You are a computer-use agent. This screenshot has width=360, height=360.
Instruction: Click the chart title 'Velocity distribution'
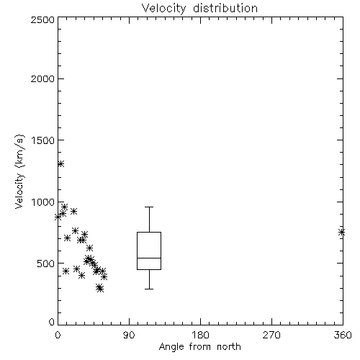coord(199,9)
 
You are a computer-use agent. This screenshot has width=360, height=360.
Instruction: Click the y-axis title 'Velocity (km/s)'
coord(19,171)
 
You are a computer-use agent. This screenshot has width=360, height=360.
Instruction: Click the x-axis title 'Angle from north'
coord(199,347)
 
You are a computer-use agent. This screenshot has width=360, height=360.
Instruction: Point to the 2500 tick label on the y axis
coord(42,19)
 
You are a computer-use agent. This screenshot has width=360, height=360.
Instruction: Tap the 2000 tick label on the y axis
coord(42,78)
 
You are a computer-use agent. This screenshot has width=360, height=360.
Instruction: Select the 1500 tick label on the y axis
coord(42,140)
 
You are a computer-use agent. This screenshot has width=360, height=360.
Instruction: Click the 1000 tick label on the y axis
coord(42,202)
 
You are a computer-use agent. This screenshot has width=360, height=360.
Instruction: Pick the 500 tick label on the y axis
coord(46,264)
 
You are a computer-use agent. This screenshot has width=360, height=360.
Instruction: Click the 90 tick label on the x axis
coord(129,335)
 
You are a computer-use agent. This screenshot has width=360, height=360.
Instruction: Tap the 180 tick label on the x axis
coord(200,335)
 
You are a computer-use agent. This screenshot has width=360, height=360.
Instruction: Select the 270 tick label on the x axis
coord(271,335)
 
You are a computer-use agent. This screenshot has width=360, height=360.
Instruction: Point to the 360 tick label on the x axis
coord(343,335)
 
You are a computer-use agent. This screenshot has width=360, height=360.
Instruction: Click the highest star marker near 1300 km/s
coord(61,164)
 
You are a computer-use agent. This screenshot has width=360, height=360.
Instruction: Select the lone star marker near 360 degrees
coord(341,233)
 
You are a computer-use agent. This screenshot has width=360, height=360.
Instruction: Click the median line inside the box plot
coord(149,258)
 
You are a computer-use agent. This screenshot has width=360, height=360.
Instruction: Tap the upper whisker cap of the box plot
coord(149,207)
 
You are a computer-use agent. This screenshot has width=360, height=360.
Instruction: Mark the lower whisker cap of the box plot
coord(149,289)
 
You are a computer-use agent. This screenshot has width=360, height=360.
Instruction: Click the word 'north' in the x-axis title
coord(229,347)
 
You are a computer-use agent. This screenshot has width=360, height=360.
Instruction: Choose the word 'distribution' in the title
coord(225,9)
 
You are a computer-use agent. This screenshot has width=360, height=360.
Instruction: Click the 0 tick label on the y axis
coord(52,322)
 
